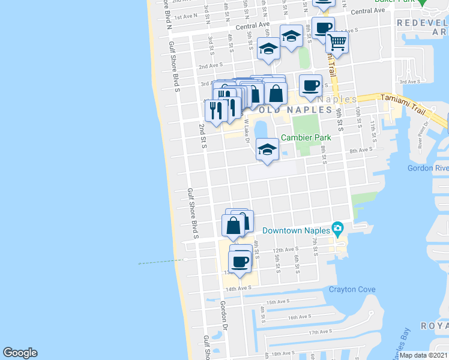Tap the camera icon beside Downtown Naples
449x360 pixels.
point(338,229)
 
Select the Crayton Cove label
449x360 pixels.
point(352,290)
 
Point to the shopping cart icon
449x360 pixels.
point(337,41)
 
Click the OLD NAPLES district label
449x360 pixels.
point(296,110)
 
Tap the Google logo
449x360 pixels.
point(20,353)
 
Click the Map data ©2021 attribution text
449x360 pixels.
point(424,355)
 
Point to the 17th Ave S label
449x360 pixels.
point(321,332)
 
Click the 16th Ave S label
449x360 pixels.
point(300,317)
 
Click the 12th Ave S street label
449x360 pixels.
point(286,250)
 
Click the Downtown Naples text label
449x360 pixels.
point(297,230)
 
